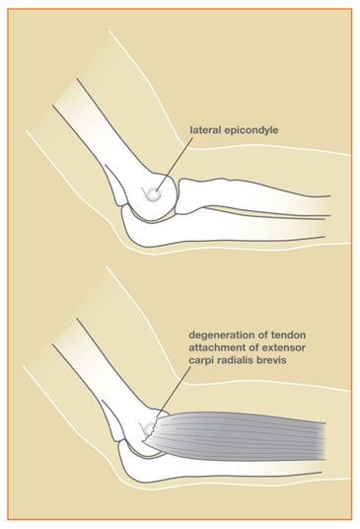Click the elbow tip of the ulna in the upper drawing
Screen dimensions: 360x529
coord(126,219)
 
